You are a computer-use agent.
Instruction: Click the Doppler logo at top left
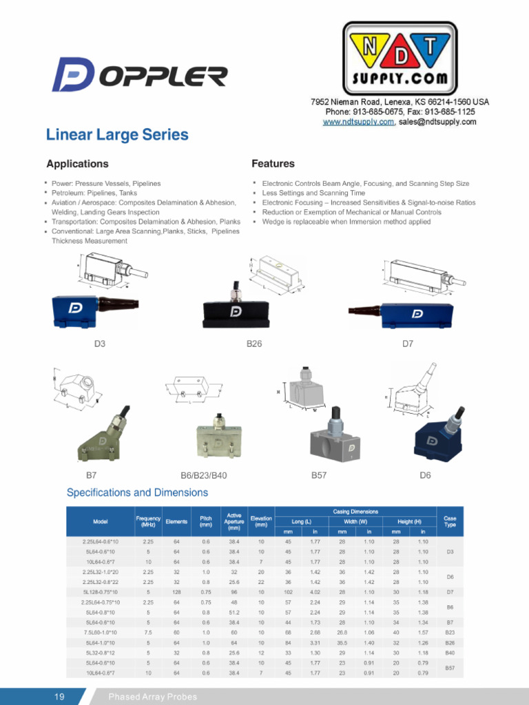140,75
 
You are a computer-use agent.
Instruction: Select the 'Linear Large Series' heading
117,135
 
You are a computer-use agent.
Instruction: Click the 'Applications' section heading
77,164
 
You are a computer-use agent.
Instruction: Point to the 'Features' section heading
273,164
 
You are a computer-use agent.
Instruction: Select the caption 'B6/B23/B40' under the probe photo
203,476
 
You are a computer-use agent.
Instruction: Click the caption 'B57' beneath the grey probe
319,476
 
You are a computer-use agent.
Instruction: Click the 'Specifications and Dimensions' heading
137,493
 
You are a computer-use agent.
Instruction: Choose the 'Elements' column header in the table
176,522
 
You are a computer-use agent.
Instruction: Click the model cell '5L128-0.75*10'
100,591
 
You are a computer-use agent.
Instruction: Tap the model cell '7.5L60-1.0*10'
100,632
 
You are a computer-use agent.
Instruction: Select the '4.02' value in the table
315,591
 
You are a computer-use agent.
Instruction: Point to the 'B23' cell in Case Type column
450,632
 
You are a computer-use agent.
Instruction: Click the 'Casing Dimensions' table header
355,512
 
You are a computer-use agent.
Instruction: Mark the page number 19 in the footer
60,697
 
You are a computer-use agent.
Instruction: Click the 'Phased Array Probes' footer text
152,697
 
